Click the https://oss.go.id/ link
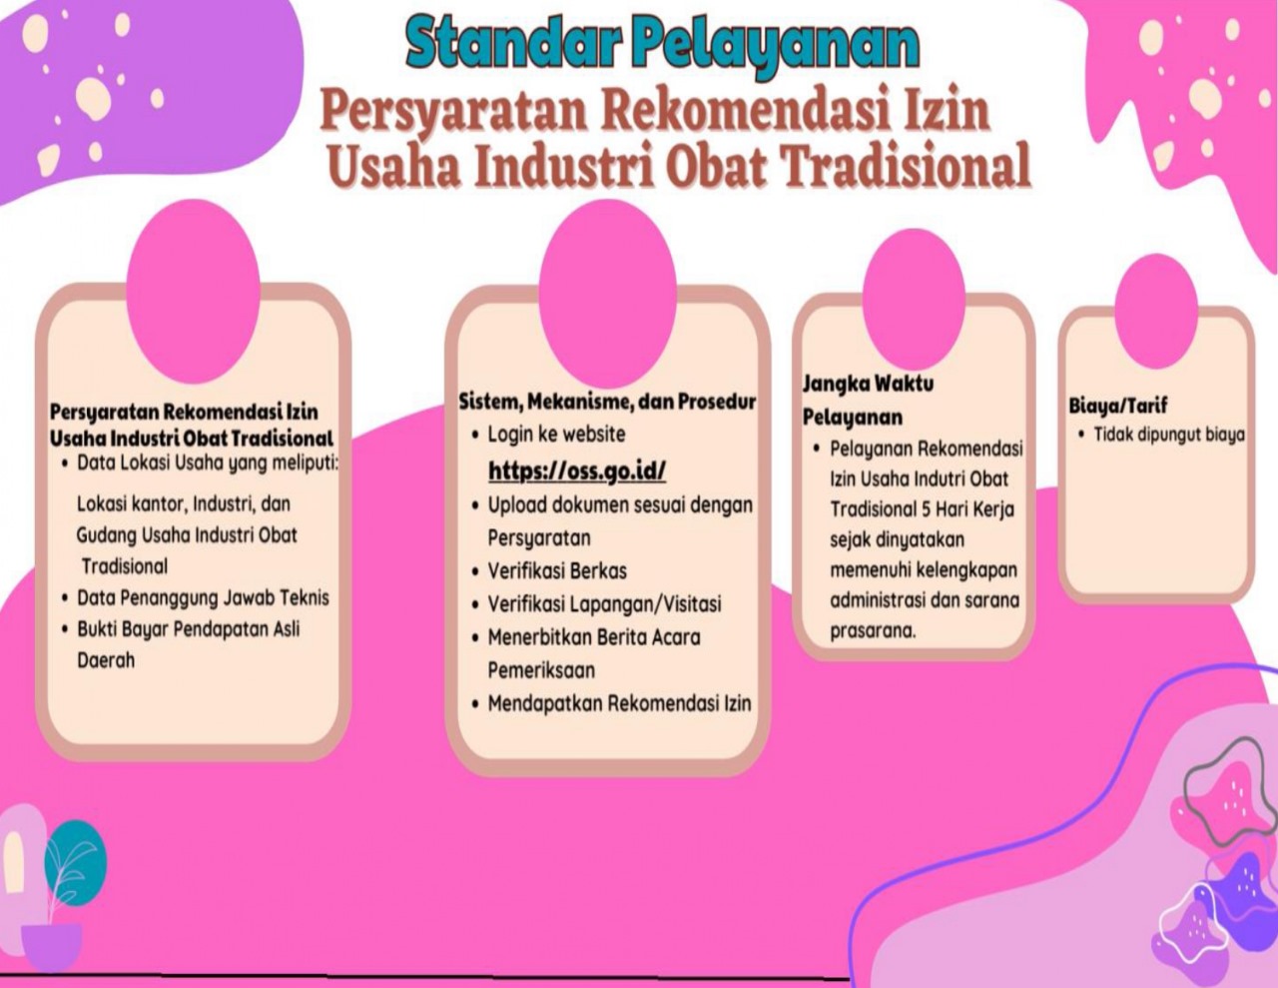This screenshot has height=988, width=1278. tap(577, 472)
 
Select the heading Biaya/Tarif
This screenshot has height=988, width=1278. tap(1118, 406)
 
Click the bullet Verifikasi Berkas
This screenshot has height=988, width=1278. tap(557, 570)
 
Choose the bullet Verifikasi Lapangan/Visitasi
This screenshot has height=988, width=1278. tap(605, 603)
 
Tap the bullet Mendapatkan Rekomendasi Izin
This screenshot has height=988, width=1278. tap(619, 703)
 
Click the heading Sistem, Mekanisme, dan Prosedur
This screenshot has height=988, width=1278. tap(607, 402)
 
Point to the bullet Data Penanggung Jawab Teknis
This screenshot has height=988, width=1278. tap(203, 597)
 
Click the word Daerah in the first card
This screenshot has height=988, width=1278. tap(107, 660)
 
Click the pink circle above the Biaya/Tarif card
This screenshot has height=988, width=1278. tap(1156, 312)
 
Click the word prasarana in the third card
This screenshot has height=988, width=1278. tap(874, 631)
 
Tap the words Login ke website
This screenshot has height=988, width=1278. tap(556, 435)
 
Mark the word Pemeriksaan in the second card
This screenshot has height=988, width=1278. tap(541, 669)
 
